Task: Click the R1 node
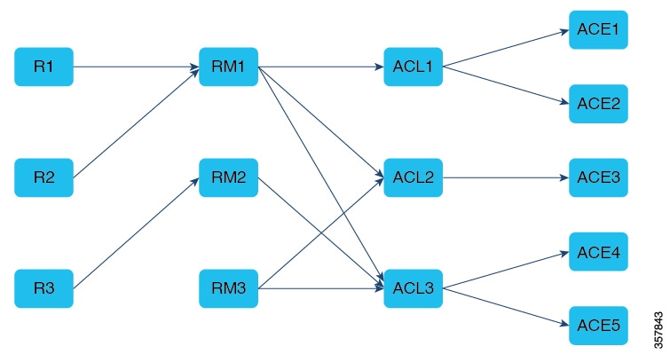coord(43,67)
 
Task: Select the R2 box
coord(43,177)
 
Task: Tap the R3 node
coord(43,288)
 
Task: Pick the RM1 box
coord(228,67)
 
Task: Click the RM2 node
coord(228,177)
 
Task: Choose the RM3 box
coord(228,288)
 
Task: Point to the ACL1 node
coord(413,67)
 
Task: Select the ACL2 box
coord(413,177)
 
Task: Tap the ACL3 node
coord(413,288)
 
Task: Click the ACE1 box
coord(597,30)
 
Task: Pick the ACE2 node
coord(597,104)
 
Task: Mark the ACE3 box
coord(597,177)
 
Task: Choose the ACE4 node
coord(597,252)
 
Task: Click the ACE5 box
coord(597,326)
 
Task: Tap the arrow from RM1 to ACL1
coord(320,67)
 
